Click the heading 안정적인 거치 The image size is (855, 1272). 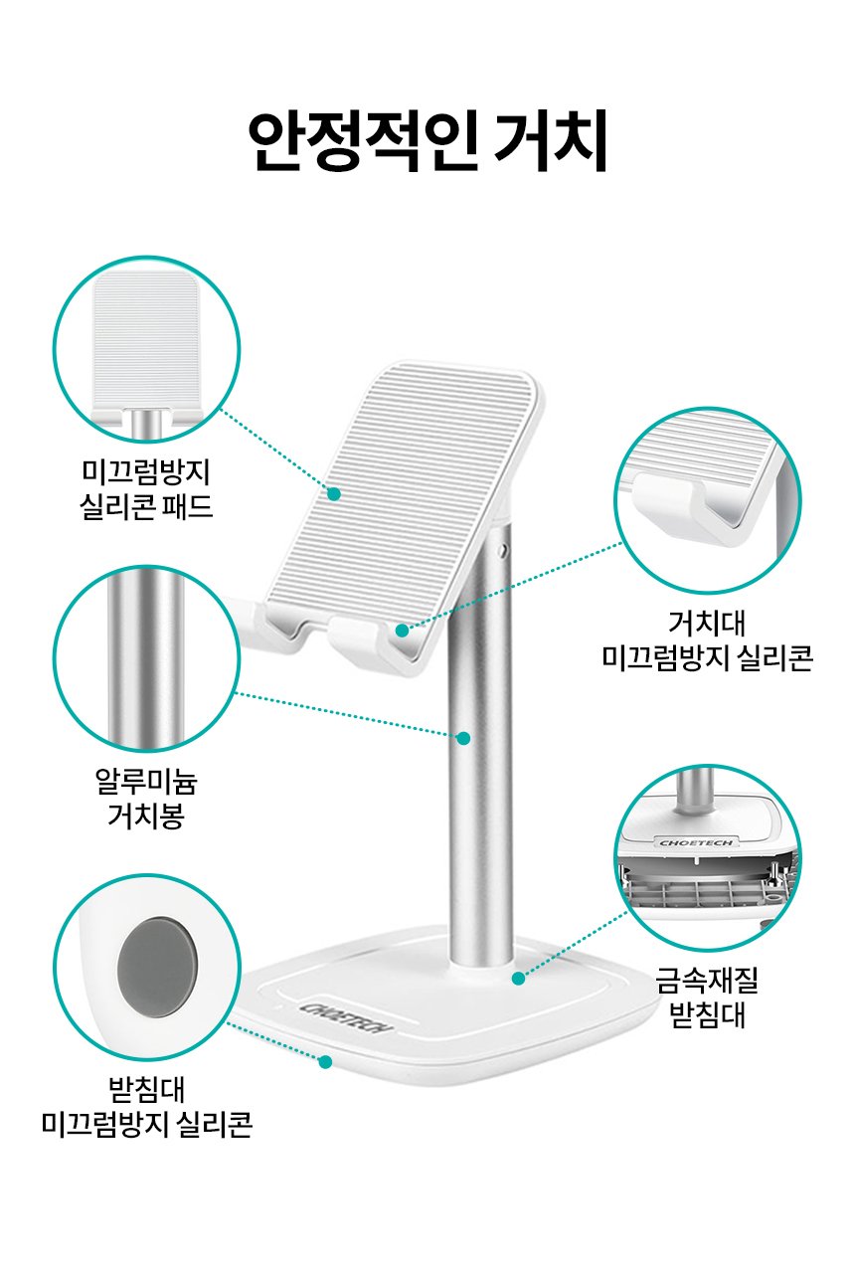pos(428,140)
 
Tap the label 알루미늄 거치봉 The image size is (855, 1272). pos(146,799)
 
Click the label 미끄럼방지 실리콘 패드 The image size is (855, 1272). pos(146,489)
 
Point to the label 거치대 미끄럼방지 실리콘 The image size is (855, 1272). pos(708,640)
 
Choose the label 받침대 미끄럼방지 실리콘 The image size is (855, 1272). pos(146,1107)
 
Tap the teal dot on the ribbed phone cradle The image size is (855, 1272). pos(334,493)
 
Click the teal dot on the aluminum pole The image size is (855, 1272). pos(463,738)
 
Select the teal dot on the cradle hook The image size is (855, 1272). pos(402,630)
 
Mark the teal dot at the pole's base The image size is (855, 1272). pos(518,978)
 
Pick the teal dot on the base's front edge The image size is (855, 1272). pos(325,1062)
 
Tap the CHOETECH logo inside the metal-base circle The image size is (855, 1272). pos(696,842)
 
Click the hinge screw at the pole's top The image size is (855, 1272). pos(502,549)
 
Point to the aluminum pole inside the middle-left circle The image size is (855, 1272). pos(146,658)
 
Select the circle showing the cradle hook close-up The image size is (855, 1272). pos(708,500)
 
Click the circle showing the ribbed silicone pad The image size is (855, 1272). pos(146,349)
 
